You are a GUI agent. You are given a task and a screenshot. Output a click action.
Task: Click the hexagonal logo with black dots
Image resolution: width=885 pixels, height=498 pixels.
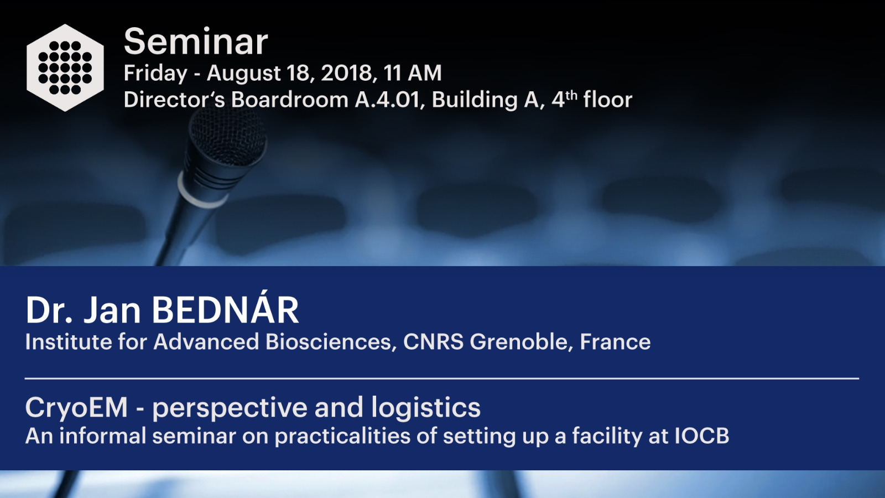tap(65, 68)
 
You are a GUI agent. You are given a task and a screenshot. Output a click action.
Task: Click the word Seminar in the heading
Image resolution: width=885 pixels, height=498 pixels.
tap(196, 41)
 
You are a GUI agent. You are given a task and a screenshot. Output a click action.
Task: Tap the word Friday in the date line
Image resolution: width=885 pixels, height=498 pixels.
tap(155, 74)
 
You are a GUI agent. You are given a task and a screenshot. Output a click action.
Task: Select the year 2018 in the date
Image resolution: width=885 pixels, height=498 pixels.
tap(346, 73)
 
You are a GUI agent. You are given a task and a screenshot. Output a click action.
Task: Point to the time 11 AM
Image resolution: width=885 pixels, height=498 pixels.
tap(412, 73)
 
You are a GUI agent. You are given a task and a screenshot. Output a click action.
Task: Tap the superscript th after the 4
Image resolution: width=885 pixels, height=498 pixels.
tap(571, 96)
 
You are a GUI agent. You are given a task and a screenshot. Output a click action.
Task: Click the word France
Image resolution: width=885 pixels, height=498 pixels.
tap(615, 342)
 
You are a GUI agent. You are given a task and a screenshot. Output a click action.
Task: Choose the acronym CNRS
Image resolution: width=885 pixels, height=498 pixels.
tap(433, 342)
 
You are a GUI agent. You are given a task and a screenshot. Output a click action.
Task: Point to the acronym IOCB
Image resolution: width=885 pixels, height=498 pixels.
tap(701, 436)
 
